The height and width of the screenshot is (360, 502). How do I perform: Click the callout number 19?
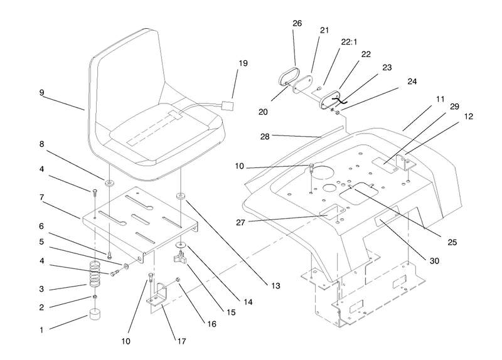[x=243, y=63]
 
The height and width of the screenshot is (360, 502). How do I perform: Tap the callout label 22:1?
[x=349, y=42]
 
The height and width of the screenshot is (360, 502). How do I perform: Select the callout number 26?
[x=297, y=23]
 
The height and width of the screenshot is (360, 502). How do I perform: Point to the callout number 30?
[x=434, y=261]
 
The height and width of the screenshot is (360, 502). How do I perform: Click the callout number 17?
[x=181, y=341]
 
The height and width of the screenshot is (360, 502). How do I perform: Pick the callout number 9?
[x=41, y=93]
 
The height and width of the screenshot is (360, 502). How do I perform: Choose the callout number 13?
[x=275, y=286]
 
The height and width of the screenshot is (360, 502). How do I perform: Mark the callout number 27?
[x=240, y=223]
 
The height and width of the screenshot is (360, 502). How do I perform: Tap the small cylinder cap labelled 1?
[x=94, y=314]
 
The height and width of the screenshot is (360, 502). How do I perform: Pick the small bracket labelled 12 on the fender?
[x=405, y=162]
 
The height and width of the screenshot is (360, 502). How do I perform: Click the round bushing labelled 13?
[x=181, y=196]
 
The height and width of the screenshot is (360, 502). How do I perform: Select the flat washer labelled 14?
[x=181, y=245]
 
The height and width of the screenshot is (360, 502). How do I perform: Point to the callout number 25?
[x=452, y=243]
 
